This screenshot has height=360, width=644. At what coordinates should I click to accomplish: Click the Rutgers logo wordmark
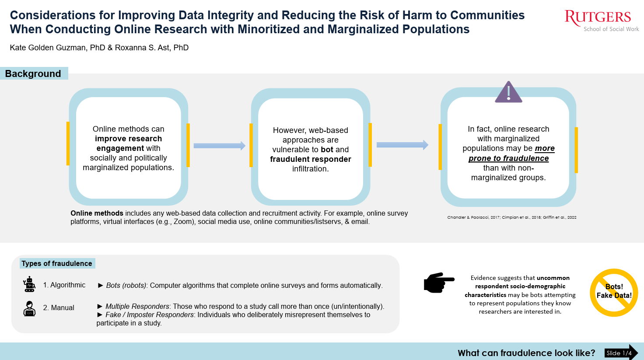[x=598, y=17]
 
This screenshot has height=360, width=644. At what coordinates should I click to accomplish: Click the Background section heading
[x=33, y=73]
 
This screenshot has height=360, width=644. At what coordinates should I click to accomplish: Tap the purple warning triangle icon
[x=508, y=92]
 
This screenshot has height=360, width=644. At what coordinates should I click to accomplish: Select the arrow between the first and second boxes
[x=219, y=146]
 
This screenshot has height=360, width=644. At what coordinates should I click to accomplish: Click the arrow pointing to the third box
[x=402, y=145]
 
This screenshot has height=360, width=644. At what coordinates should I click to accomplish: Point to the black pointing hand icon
[x=439, y=283]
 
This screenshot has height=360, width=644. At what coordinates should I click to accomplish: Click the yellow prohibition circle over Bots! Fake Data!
[x=614, y=293]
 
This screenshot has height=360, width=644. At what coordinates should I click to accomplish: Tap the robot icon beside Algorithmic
[x=29, y=284]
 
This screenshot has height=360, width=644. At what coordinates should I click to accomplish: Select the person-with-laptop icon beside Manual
[x=29, y=308]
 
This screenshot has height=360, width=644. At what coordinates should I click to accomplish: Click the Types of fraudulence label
[x=57, y=263]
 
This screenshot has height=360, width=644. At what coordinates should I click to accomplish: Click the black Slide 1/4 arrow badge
[x=621, y=353]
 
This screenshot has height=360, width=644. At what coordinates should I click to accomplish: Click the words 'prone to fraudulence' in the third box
[x=508, y=158]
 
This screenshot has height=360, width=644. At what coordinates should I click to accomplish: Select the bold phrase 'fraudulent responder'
[x=310, y=159]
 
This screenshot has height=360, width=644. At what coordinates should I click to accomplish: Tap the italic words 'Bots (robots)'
[x=126, y=285]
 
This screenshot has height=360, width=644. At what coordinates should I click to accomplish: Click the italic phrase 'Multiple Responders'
[x=137, y=306]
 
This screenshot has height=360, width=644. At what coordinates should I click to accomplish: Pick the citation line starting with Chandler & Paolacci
[x=511, y=217]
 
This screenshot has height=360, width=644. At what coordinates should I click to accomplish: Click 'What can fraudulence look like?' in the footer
[x=526, y=353]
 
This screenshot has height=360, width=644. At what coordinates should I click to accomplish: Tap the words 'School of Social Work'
[x=611, y=29]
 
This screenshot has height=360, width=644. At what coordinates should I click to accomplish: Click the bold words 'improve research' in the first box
[x=128, y=139]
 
